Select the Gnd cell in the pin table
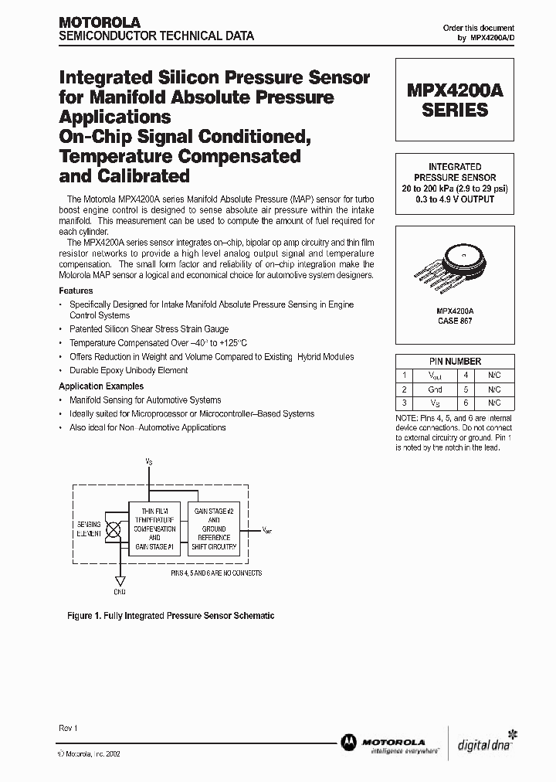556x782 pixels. pyautogui.click(x=435, y=389)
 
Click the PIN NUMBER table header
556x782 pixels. pyautogui.click(x=455, y=361)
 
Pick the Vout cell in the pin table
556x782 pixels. pyautogui.click(x=435, y=375)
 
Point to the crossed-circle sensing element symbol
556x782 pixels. pyautogui.click(x=113, y=529)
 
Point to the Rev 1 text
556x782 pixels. pyautogui.click(x=68, y=729)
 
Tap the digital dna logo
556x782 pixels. pyautogui.click(x=487, y=741)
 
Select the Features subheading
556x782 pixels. pyautogui.click(x=76, y=291)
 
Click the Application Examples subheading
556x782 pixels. pyautogui.click(x=101, y=386)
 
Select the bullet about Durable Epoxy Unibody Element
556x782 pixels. pyautogui.click(x=128, y=370)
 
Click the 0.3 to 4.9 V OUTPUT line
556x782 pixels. pyautogui.click(x=455, y=199)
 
